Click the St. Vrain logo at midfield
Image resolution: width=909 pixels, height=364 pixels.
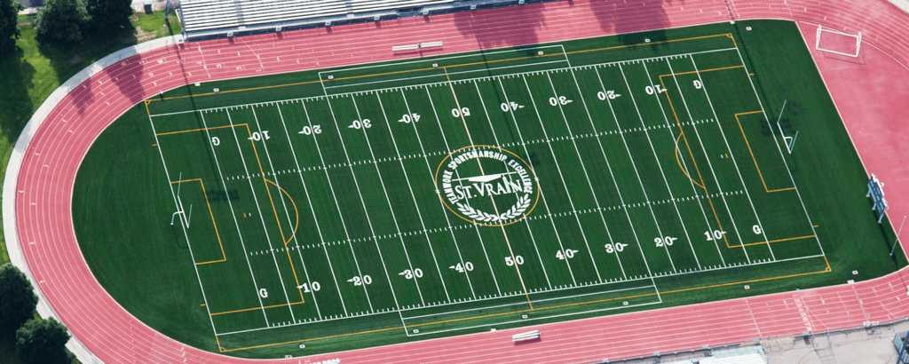pos(486,186)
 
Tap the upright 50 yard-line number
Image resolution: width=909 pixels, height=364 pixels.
pos(514,261)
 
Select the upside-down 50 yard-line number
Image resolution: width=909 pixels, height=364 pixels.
pos(460,113)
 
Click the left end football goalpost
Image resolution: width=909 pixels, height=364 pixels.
pos(180,207)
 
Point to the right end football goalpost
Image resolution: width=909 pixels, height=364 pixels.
pos(786,127)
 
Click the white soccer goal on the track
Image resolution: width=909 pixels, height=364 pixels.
pos(838,40)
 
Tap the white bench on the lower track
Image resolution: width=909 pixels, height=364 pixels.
pos(526,336)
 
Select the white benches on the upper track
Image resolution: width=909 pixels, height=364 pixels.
pos(417,45)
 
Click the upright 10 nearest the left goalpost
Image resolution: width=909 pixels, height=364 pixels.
pos(310,287)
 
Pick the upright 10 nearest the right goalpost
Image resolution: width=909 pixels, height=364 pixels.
pos(714,235)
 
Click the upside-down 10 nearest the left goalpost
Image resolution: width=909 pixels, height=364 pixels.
pos(258,136)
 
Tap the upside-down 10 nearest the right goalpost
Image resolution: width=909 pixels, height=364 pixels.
pos(655,90)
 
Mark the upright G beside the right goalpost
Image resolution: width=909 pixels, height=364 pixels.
pos(756,229)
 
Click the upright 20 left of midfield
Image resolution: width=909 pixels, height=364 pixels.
pos(360,280)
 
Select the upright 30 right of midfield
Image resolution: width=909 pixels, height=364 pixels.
pos(616,248)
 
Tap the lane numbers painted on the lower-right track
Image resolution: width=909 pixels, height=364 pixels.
pos(803,313)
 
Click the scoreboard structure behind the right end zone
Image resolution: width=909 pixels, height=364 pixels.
pos(877,197)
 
